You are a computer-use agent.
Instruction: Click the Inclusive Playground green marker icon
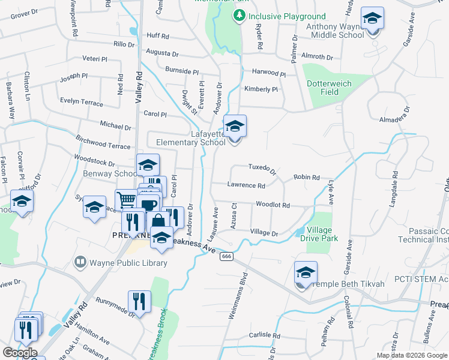pyautogui.click(x=240, y=16)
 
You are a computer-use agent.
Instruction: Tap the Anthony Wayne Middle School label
pyautogui.click(x=335, y=31)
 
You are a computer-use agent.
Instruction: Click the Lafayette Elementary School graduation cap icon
pyautogui.click(x=235, y=127)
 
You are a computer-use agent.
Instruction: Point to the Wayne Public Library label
pyautogui.click(x=128, y=262)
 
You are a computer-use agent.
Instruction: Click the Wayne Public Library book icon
pyautogui.click(x=80, y=262)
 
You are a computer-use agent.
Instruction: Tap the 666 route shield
pyautogui.click(x=226, y=256)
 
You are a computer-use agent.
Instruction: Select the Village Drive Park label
pyautogui.click(x=327, y=235)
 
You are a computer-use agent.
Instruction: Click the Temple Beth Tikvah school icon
pyautogui.click(x=306, y=274)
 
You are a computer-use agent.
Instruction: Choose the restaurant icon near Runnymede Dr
pyautogui.click(x=139, y=301)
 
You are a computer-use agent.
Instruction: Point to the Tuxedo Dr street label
pyautogui.click(x=262, y=168)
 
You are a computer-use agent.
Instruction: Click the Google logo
pyautogui.click(x=19, y=352)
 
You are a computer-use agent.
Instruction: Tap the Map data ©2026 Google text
pyautogui.click(x=412, y=355)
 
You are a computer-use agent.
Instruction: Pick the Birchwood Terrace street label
pyautogui.click(x=103, y=146)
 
